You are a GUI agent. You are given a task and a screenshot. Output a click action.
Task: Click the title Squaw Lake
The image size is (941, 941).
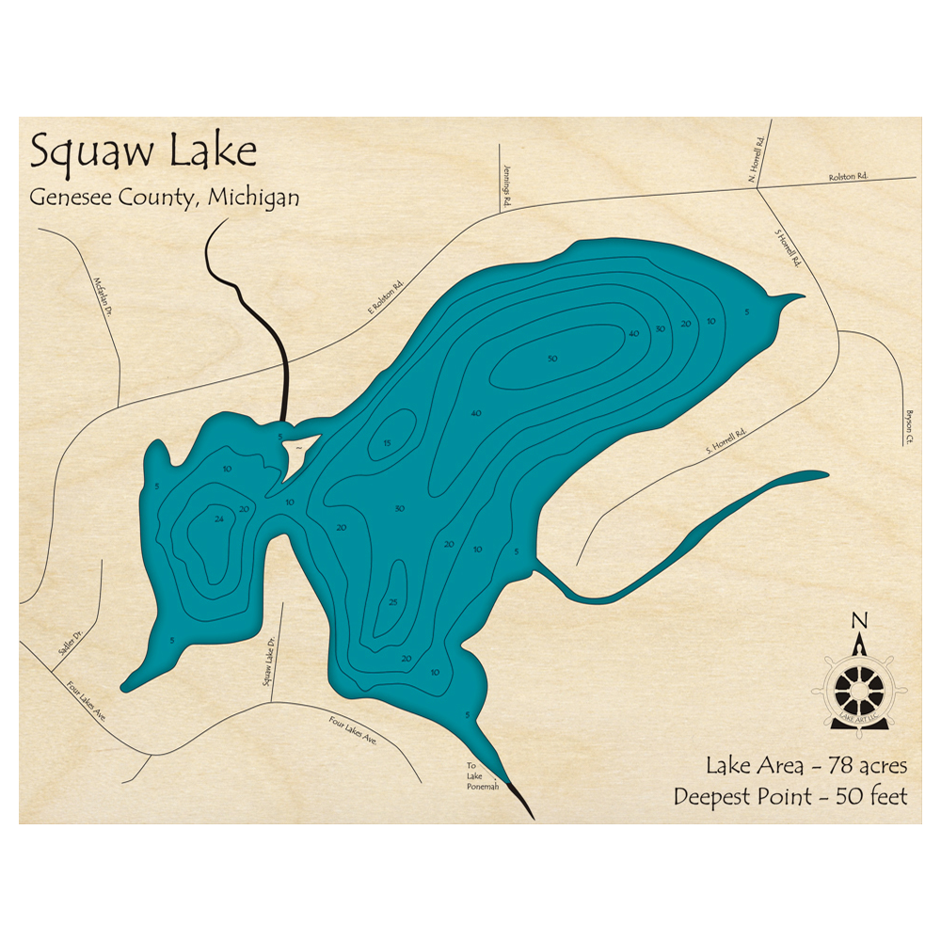click(143, 152)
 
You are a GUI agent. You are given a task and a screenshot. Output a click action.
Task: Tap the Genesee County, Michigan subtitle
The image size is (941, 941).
click(165, 197)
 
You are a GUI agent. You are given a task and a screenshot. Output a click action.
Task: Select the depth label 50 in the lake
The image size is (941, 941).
click(552, 359)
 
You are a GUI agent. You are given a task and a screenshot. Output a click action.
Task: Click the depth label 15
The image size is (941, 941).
click(386, 443)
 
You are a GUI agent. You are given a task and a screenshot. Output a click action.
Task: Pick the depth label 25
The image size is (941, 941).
click(393, 602)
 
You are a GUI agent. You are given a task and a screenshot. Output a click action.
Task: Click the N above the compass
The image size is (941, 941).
click(857, 620)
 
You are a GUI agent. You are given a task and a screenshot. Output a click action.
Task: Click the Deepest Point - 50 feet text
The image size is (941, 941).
click(790, 797)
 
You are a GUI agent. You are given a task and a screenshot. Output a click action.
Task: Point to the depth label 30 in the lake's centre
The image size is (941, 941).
click(400, 509)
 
